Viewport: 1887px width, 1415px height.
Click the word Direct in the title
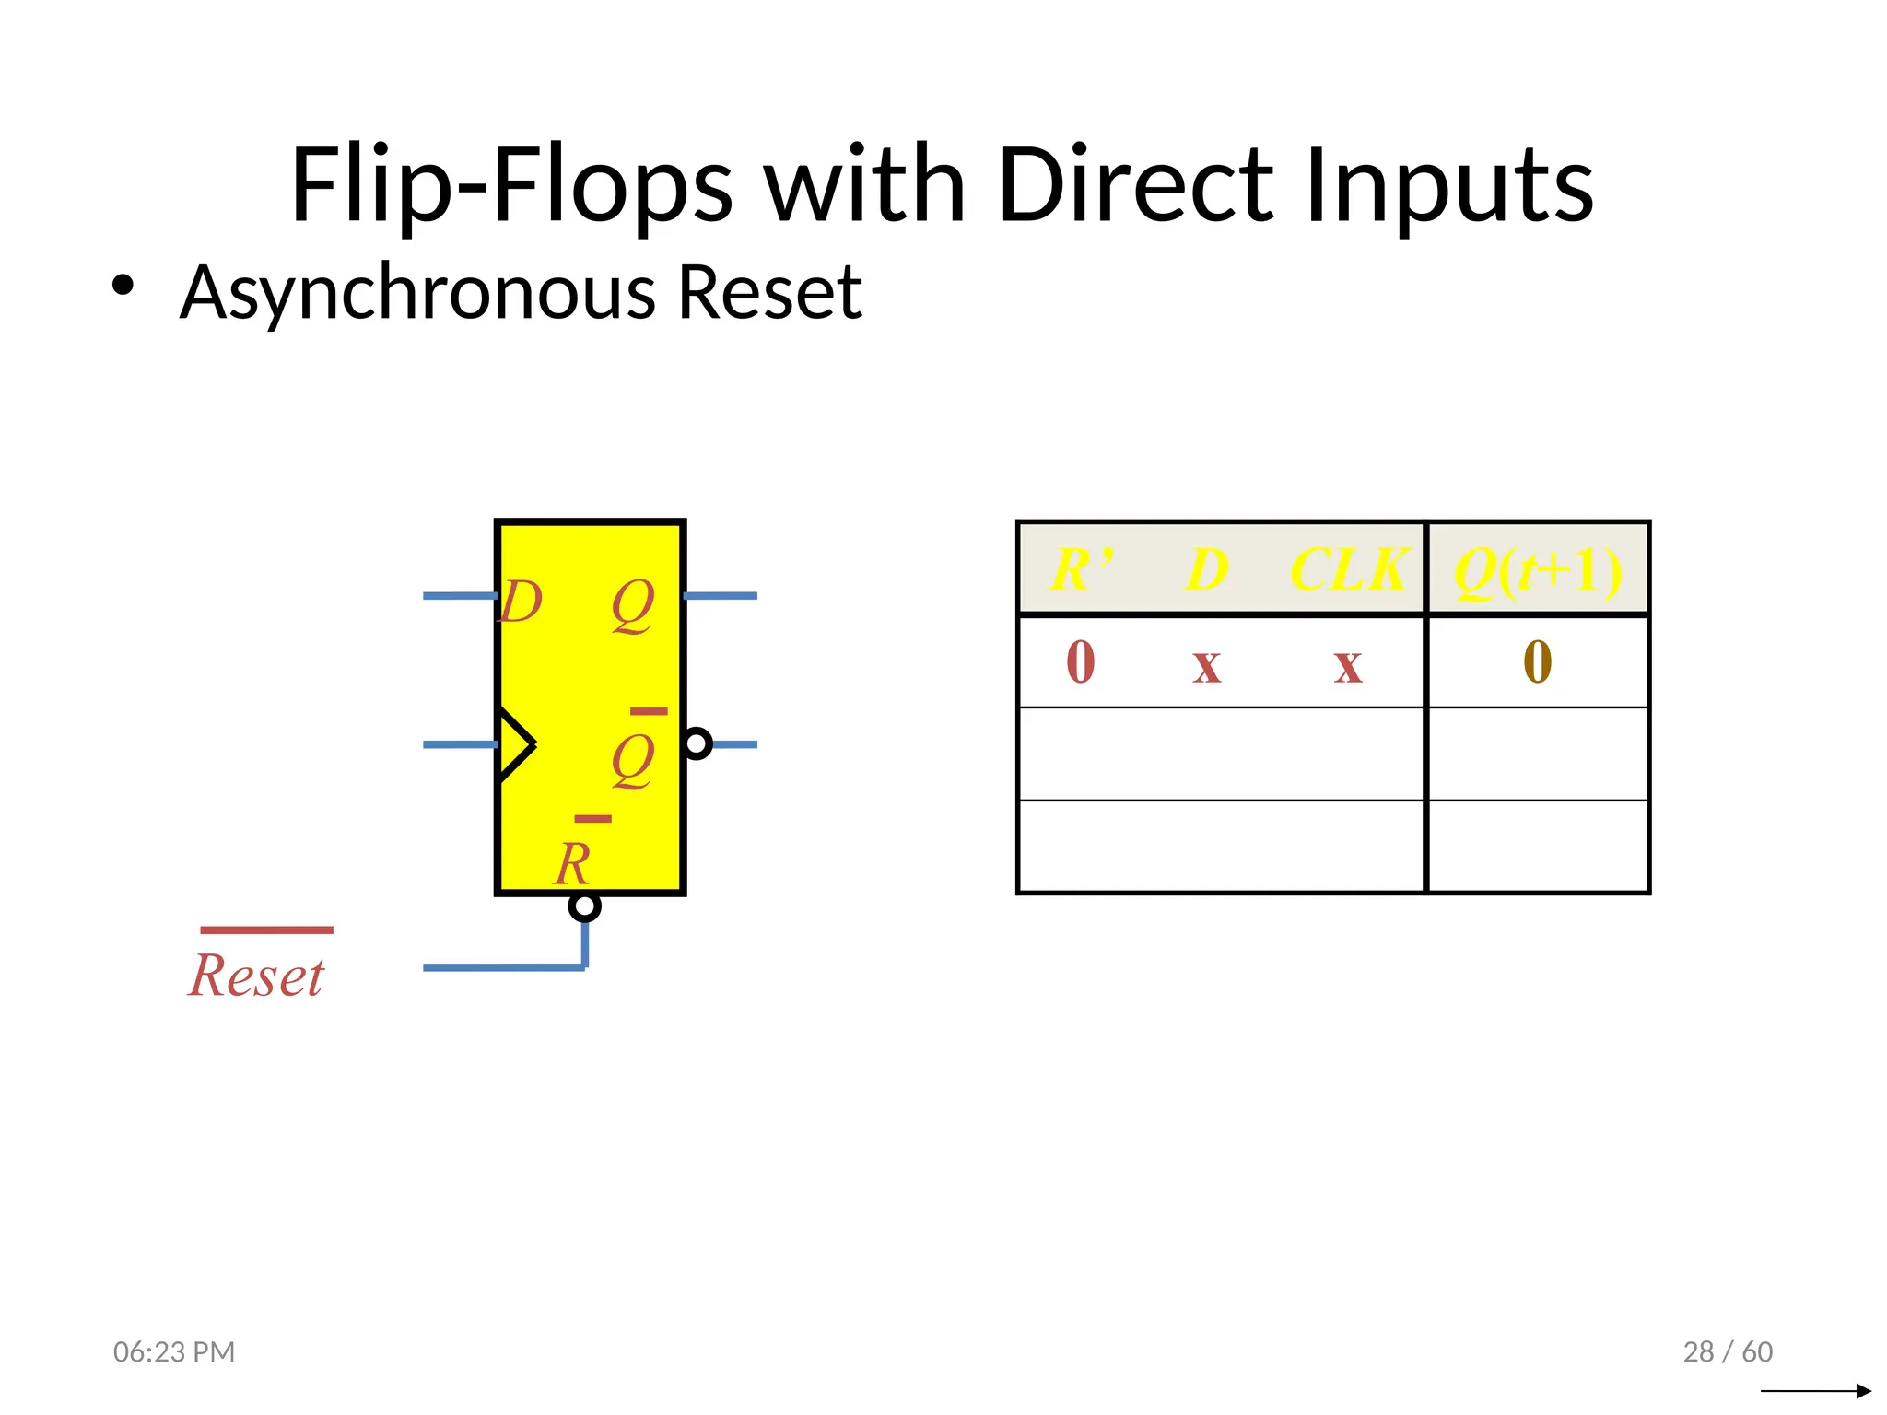1134,186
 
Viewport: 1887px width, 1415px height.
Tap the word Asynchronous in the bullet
416,293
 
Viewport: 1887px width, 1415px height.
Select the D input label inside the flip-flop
522,602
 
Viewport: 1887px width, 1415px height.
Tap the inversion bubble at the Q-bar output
697,743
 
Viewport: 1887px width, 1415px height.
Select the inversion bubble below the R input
584,906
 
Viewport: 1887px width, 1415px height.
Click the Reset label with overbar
258,975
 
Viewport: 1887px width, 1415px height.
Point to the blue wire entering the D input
459,596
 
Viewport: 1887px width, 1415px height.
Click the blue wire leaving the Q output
721,596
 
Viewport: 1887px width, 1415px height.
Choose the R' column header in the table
1083,569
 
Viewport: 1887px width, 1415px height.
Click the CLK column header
1349,569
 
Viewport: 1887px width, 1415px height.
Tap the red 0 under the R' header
1081,662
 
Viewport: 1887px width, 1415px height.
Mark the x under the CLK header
1348,665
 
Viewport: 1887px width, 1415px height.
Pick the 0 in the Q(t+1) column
1537,662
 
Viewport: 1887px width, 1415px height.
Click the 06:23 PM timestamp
174,1351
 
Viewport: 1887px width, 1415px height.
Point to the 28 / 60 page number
1728,1351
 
